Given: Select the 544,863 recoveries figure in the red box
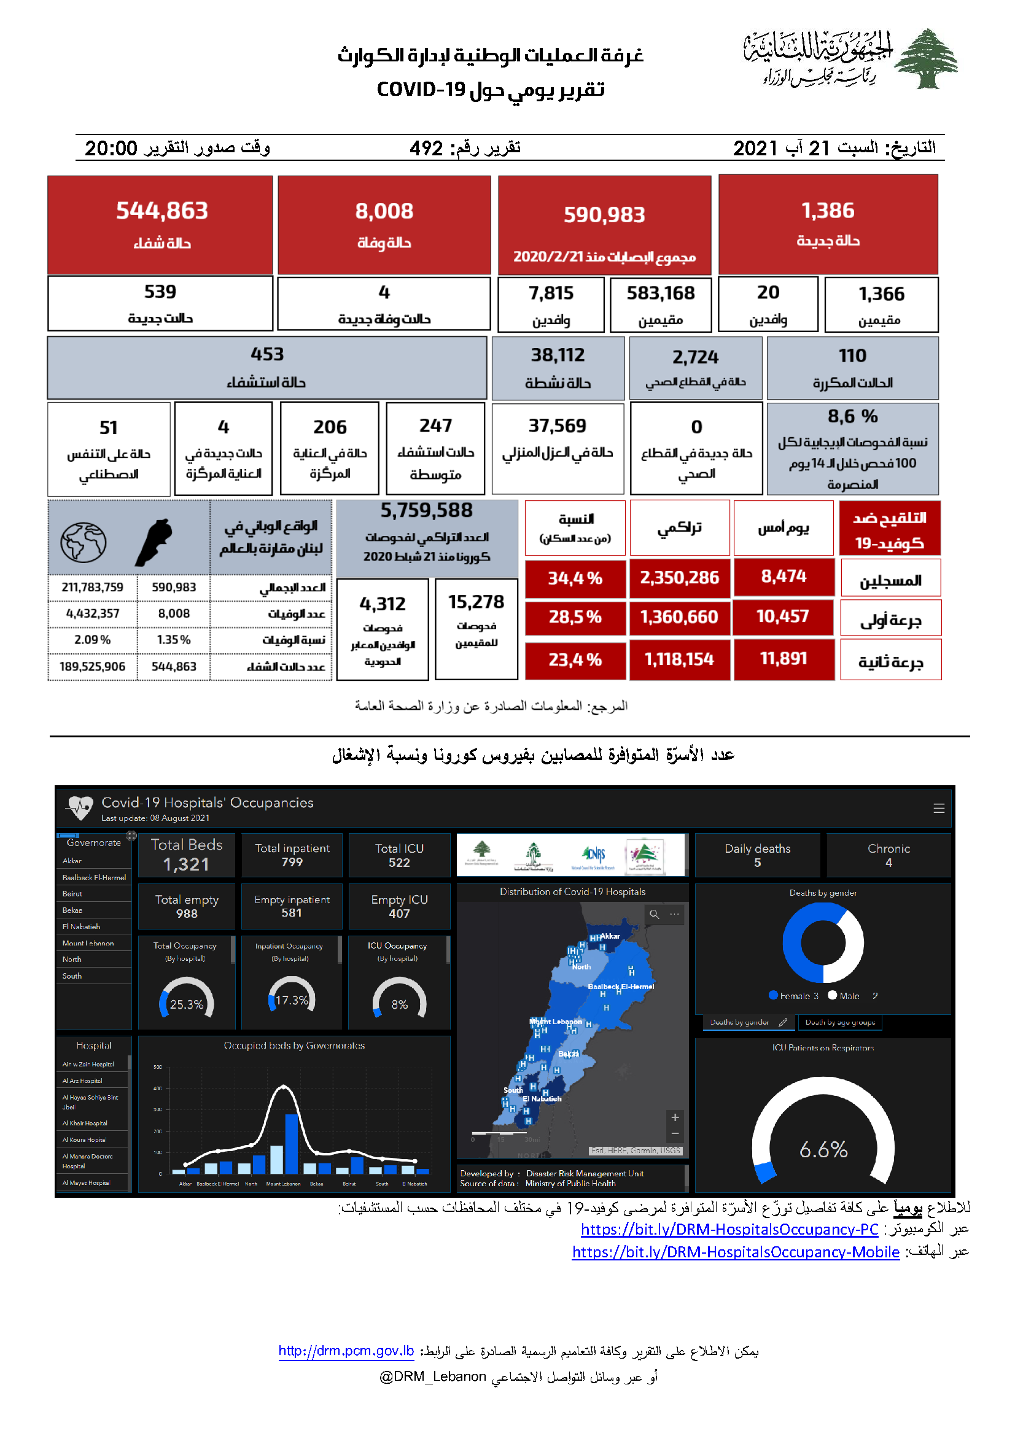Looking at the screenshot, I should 162,211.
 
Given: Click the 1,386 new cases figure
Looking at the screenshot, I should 827,211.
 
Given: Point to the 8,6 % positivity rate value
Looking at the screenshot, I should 852,416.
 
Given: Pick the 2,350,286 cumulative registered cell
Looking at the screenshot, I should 679,577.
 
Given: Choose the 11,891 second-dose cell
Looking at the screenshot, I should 783,659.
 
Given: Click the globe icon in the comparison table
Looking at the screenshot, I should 83,541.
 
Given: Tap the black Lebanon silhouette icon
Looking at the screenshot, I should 154,541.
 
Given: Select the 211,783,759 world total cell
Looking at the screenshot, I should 93,588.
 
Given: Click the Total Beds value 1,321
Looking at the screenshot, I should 187,864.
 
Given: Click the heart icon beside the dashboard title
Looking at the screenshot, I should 80,807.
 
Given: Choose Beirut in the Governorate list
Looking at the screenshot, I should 72,894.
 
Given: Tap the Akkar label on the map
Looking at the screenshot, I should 610,936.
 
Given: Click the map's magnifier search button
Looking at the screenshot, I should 654,914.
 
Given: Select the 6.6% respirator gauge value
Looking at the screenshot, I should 823,1149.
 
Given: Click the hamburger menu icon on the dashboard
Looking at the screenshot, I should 938,808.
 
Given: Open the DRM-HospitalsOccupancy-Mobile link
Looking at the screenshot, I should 736,1251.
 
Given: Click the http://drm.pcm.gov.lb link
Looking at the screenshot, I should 346,1350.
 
